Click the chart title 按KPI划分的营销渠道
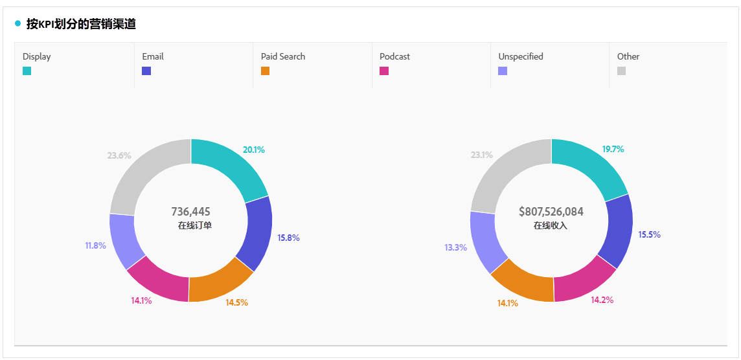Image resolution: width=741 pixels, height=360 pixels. [x=81, y=24]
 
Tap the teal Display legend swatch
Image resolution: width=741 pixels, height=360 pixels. [x=27, y=71]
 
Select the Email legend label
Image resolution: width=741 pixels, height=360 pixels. [x=153, y=56]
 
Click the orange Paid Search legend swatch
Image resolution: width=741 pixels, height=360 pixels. [x=265, y=71]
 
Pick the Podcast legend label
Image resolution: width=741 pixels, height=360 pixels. [x=394, y=56]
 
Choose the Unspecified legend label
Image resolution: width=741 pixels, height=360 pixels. [x=520, y=56]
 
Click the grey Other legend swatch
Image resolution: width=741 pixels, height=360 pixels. [x=621, y=71]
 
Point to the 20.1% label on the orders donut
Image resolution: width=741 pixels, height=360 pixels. [x=253, y=150]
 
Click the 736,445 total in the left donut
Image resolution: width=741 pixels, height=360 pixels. [x=190, y=212]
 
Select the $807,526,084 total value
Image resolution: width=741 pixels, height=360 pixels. [x=551, y=212]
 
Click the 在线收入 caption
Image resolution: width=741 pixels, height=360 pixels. [x=551, y=225]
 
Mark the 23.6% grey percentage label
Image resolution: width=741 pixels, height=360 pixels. [x=119, y=155]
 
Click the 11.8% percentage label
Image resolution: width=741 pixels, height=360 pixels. [x=95, y=245]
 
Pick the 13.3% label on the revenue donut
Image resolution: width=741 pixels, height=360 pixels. [x=455, y=247]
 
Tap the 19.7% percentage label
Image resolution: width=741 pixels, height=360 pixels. [x=613, y=149]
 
